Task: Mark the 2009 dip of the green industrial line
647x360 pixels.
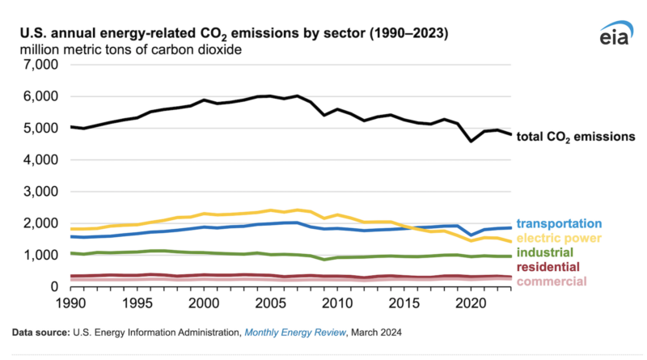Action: (x=323, y=259)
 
